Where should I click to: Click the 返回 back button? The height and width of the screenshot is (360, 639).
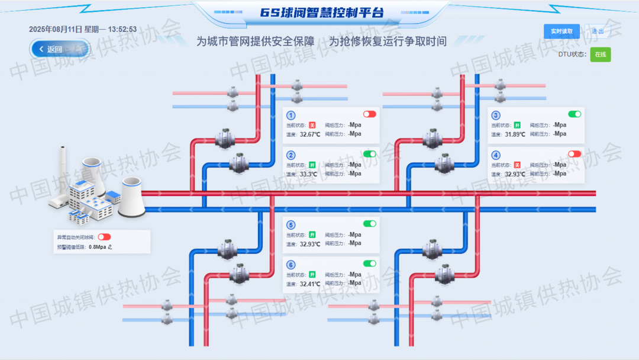pyautogui.click(x=54, y=49)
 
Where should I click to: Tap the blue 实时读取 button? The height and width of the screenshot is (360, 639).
pyautogui.click(x=561, y=31)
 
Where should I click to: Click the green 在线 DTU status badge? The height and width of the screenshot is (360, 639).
pyautogui.click(x=601, y=54)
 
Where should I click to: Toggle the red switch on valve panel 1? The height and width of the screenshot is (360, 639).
pyautogui.click(x=370, y=114)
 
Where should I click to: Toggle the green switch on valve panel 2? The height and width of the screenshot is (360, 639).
pyautogui.click(x=370, y=154)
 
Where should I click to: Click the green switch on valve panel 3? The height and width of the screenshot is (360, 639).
pyautogui.click(x=575, y=114)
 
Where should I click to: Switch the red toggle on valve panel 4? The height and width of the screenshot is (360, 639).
pyautogui.click(x=575, y=154)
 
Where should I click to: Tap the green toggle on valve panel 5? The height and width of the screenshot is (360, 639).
pyautogui.click(x=370, y=224)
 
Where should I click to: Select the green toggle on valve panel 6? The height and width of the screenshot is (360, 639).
pyautogui.click(x=370, y=263)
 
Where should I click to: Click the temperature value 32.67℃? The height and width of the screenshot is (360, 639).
pyautogui.click(x=310, y=134)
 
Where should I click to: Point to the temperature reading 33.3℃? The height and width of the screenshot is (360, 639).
pyautogui.click(x=309, y=174)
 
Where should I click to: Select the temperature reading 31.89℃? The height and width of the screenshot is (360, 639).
pyautogui.click(x=515, y=134)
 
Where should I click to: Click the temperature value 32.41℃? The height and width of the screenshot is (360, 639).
pyautogui.click(x=310, y=284)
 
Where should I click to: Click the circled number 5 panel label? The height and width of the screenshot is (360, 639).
pyautogui.click(x=291, y=225)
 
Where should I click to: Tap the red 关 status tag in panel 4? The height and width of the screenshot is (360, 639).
pyautogui.click(x=517, y=165)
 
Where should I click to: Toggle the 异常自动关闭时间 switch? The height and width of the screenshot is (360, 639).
pyautogui.click(x=104, y=237)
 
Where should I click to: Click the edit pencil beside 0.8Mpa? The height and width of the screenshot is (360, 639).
pyautogui.click(x=109, y=247)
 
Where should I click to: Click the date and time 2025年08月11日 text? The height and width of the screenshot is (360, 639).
pyautogui.click(x=83, y=29)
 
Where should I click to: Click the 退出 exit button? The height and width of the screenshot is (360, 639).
pyautogui.click(x=598, y=31)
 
